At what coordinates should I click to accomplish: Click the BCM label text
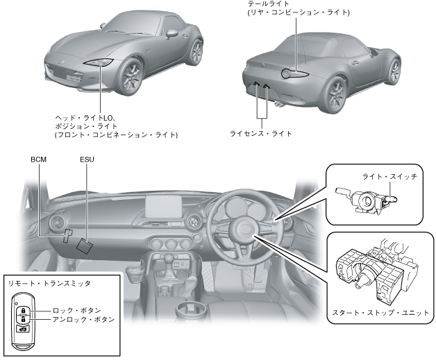pyautogui.click(x=39, y=160)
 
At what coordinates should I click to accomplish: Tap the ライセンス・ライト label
pyautogui.click(x=260, y=132)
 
